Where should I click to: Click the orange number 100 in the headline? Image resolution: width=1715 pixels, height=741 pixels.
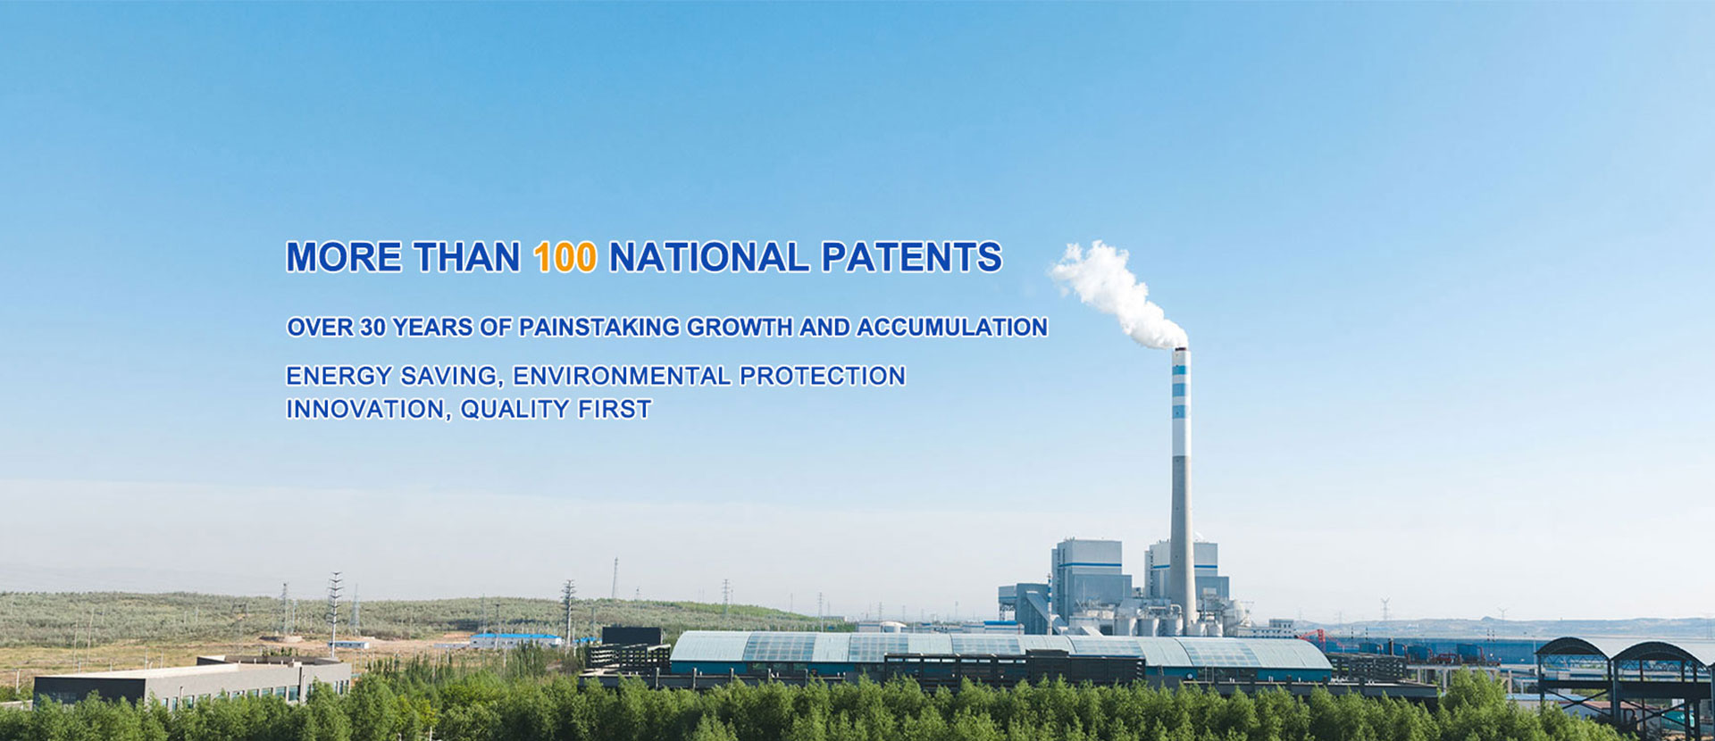(565, 257)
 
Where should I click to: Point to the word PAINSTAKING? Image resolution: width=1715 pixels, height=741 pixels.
(599, 327)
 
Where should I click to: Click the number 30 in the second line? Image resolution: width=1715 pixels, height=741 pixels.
(372, 327)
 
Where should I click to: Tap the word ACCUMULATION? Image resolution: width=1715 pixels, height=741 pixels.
(952, 327)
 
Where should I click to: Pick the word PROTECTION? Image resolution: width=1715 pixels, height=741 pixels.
(823, 376)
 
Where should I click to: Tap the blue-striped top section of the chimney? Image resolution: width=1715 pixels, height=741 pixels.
(1181, 402)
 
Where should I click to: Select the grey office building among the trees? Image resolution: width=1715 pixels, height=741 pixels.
(193, 682)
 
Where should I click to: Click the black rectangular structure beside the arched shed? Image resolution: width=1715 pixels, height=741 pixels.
(632, 637)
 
